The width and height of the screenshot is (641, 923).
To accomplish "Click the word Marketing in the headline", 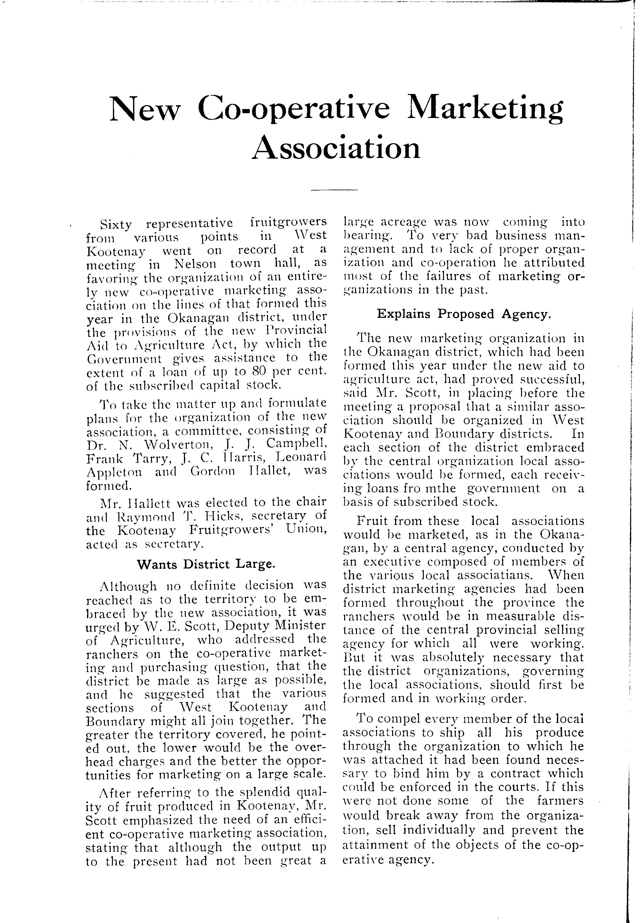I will (485, 109).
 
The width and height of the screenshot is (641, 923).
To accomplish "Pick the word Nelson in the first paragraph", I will (195, 264).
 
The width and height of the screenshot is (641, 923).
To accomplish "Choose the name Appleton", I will (114, 472).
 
